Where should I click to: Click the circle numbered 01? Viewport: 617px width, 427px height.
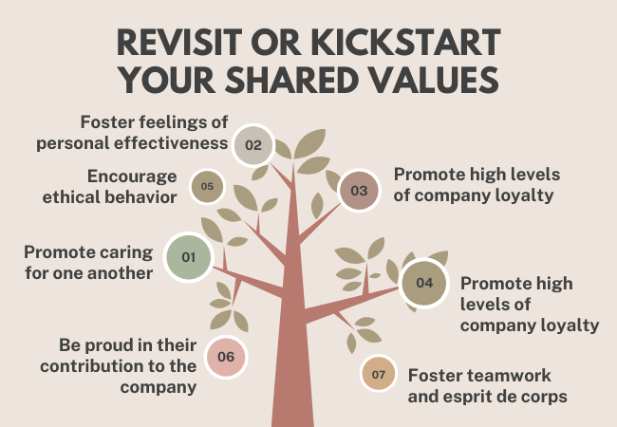[189, 257]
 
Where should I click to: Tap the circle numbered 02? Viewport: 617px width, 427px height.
[252, 145]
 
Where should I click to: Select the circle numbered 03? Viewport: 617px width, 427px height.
[359, 191]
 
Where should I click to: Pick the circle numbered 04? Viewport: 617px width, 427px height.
[424, 283]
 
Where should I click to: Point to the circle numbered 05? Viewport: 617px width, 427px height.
[207, 186]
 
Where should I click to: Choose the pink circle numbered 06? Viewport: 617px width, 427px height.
[226, 357]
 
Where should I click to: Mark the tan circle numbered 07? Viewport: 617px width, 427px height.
[378, 374]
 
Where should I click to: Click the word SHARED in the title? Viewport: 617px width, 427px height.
[291, 80]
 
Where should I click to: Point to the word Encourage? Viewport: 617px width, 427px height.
[132, 176]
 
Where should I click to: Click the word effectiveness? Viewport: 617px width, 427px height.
[171, 142]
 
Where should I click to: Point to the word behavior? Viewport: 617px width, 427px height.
[141, 197]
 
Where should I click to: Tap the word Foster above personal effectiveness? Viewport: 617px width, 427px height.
[103, 122]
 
